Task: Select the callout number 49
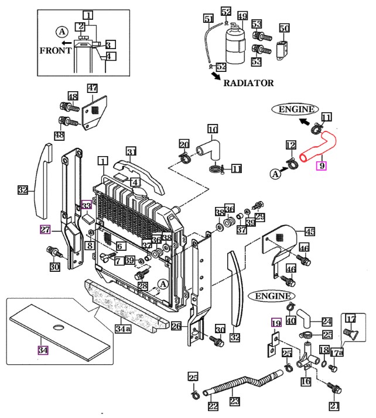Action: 242,15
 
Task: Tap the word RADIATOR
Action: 248,83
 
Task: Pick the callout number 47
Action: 93,88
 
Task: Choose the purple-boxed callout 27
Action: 45,229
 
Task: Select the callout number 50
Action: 284,28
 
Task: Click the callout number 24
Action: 327,321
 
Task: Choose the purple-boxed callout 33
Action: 86,205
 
